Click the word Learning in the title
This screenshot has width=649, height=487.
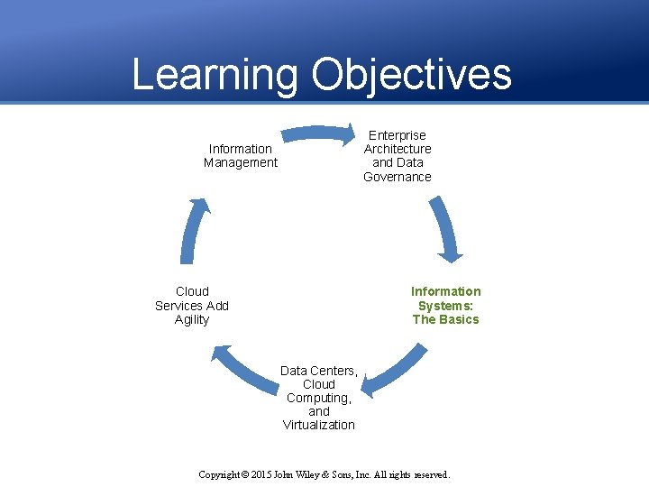215,75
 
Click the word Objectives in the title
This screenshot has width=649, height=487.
412,75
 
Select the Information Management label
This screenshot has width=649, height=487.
241,156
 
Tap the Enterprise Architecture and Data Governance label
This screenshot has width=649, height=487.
398,156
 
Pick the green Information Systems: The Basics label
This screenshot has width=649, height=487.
446,305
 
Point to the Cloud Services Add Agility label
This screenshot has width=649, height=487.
192,305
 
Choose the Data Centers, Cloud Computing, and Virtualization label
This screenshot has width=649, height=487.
319,398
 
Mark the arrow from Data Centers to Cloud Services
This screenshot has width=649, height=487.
243,370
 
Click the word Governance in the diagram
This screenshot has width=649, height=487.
398,177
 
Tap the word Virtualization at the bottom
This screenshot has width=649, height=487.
319,425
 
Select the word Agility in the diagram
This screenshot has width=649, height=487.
192,319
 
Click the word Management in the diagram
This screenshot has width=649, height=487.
241,163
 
